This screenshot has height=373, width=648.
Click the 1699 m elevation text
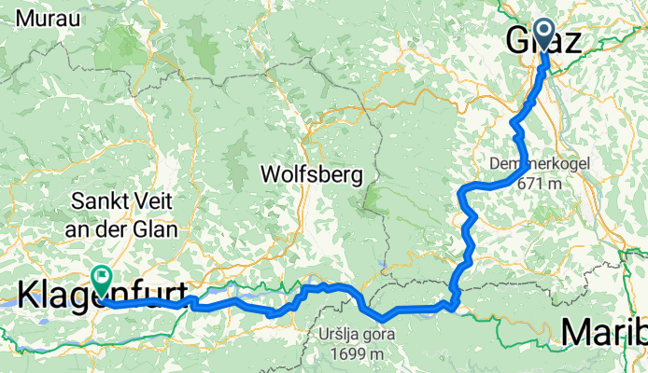[350, 354]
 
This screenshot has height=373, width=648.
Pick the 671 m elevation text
[541, 184]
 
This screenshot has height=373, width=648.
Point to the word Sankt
[98, 200]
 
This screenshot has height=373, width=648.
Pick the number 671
[532, 184]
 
